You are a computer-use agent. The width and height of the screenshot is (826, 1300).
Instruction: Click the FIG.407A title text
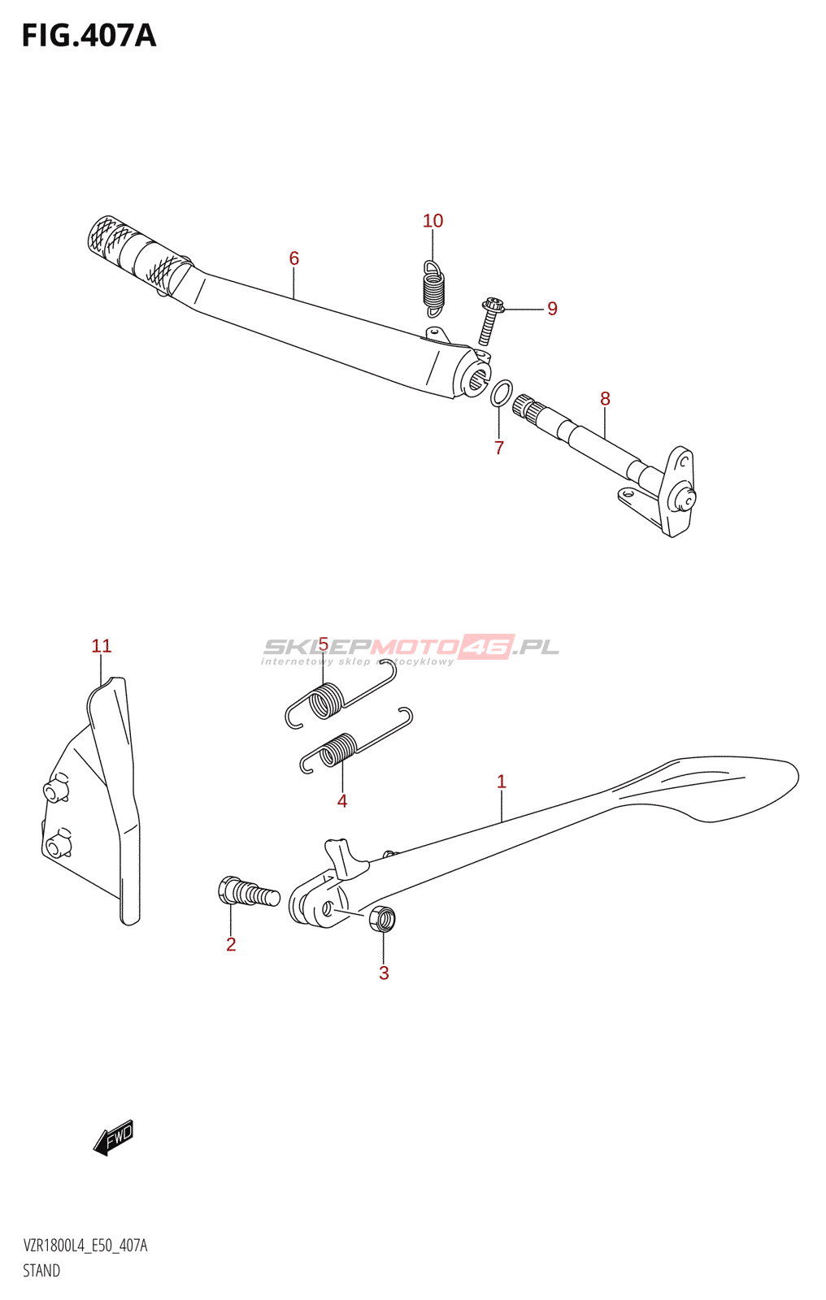89,36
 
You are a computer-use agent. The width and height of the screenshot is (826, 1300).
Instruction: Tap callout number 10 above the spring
433,221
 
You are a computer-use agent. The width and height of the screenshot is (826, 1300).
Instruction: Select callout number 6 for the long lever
293,258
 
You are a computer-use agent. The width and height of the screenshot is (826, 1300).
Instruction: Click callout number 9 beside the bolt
552,309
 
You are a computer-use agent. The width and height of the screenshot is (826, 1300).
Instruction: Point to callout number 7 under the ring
499,448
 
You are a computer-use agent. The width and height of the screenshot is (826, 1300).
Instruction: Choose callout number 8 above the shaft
605,399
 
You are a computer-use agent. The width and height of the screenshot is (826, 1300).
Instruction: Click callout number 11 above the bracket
102,646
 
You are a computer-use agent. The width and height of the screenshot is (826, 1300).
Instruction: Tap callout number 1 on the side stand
502,782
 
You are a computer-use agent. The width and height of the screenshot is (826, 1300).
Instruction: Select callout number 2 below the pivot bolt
231,944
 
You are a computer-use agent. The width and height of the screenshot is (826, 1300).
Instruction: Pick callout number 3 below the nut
384,973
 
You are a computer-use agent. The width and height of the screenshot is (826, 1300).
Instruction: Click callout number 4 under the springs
342,801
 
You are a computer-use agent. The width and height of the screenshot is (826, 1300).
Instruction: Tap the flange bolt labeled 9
489,321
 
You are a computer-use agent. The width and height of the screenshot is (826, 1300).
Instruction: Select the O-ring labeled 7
501,392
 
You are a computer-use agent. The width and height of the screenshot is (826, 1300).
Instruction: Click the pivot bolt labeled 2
248,893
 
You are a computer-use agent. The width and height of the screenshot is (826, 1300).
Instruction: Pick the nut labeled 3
382,918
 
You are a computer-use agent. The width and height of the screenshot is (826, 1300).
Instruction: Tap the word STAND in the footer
41,1271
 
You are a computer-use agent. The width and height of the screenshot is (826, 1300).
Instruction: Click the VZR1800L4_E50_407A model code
85,1246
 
